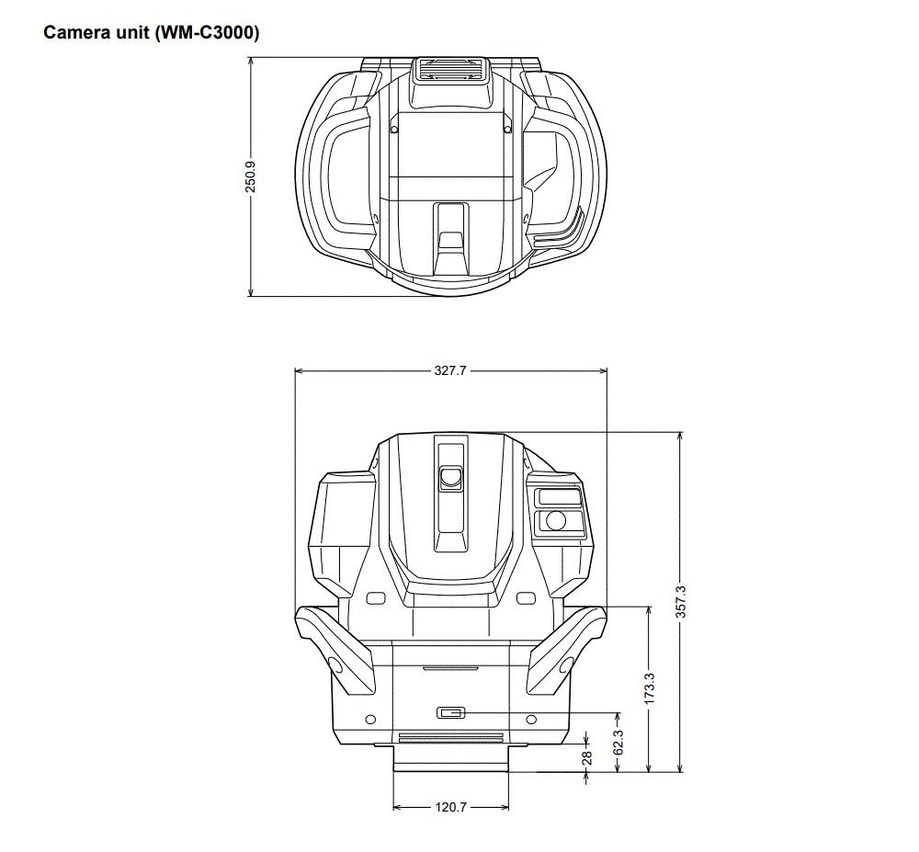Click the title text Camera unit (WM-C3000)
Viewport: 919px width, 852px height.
[152, 34]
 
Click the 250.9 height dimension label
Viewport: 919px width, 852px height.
[250, 176]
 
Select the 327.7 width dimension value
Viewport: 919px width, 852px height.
[450, 371]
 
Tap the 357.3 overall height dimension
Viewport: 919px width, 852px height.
[681, 601]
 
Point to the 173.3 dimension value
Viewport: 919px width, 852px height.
[650, 688]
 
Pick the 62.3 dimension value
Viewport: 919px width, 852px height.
[618, 742]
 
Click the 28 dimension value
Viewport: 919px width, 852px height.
[587, 757]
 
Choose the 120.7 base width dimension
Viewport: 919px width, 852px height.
[450, 807]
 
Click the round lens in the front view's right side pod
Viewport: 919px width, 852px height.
[555, 520]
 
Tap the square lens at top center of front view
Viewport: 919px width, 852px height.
[450, 477]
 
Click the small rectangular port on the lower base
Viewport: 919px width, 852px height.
[451, 713]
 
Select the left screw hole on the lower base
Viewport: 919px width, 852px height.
[370, 718]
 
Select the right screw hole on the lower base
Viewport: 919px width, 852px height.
[531, 718]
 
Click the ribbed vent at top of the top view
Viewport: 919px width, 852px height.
[450, 69]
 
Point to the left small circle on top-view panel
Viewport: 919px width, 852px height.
[393, 131]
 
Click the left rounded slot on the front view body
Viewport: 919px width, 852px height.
[375, 599]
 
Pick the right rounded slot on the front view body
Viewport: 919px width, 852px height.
[526, 599]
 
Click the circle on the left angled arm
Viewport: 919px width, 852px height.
[335, 665]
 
